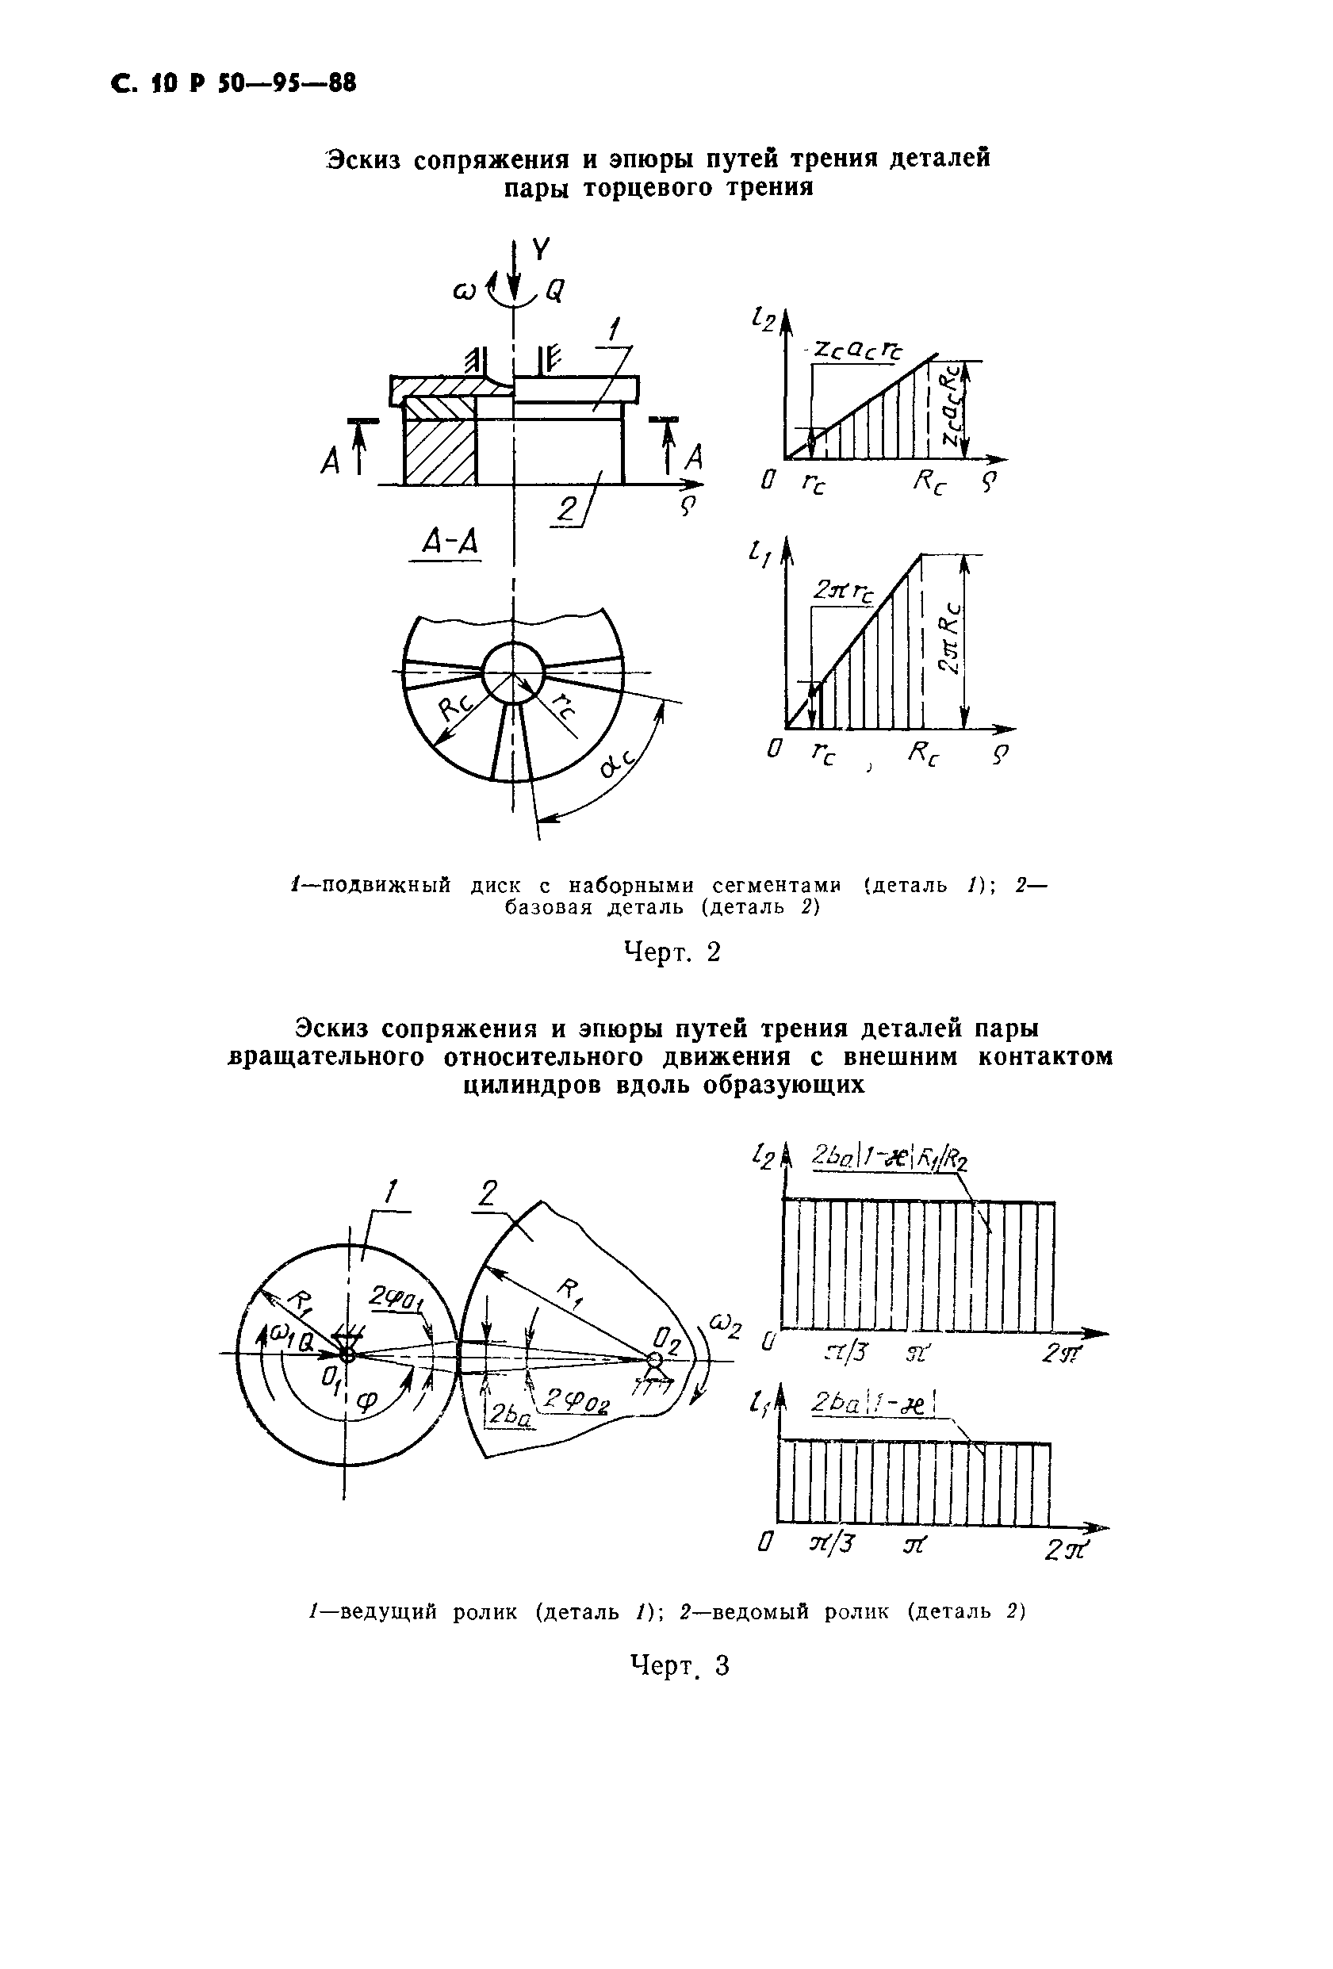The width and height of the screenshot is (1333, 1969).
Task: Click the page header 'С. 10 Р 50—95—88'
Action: click(x=234, y=85)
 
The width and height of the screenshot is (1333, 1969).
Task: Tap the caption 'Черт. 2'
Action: click(x=672, y=952)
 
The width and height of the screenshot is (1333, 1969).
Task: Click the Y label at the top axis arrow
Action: click(x=541, y=249)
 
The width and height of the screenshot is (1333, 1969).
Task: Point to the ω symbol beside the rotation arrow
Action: click(x=464, y=293)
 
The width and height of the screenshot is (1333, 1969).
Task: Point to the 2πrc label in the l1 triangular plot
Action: click(x=843, y=591)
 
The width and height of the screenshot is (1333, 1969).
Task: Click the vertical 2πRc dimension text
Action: click(x=952, y=640)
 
